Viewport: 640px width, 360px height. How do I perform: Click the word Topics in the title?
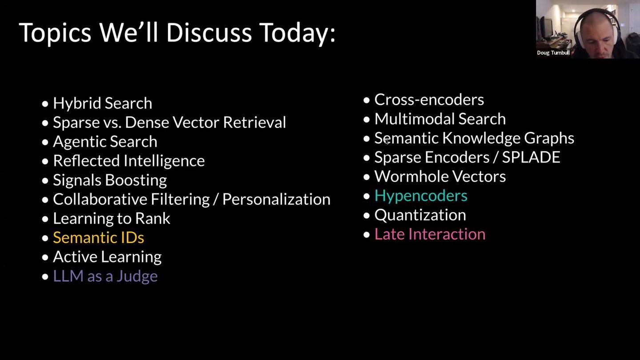tap(55, 33)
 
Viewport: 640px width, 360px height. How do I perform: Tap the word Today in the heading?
tap(295, 33)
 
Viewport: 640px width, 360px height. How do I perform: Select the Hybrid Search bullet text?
tap(103, 104)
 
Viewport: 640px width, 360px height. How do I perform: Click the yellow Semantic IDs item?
tap(99, 237)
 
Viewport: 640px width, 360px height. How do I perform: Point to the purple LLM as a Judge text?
tap(105, 276)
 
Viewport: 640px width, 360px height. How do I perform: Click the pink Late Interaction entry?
tap(430, 234)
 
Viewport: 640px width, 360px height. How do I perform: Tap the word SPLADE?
tap(531, 157)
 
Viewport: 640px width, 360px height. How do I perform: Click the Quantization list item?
tap(420, 215)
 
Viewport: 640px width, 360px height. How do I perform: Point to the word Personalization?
tap(276, 199)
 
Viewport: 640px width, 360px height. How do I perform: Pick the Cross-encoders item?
tap(429, 100)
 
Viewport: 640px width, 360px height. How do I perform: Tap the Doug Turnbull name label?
tap(553, 53)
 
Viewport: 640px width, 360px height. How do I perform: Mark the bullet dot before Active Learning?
tap(45, 257)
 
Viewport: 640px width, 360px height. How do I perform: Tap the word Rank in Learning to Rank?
tap(152, 219)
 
